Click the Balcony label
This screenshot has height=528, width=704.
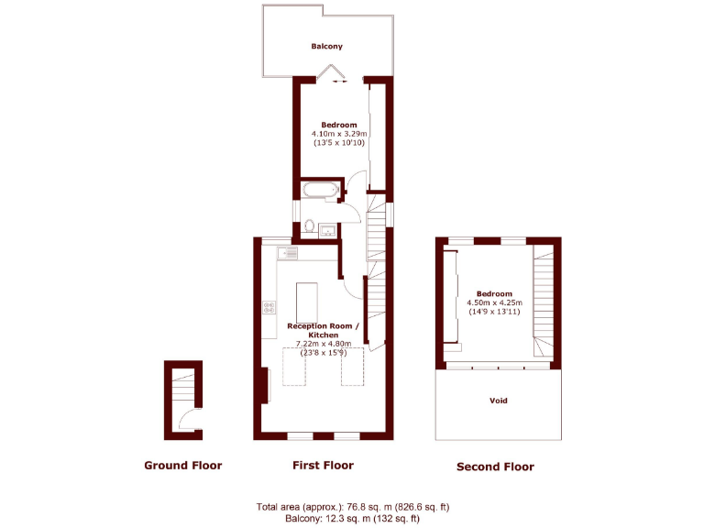point(326,46)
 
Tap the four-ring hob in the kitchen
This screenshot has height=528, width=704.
point(269,308)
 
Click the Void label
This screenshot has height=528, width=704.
point(498,401)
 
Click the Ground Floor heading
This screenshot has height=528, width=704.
point(182,466)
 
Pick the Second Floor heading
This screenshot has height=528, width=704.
point(495,467)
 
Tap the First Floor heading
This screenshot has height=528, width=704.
point(323,466)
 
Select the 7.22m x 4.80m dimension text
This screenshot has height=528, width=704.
point(324,344)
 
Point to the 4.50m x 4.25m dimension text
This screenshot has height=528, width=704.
point(494,302)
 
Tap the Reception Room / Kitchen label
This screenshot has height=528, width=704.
point(324,330)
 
